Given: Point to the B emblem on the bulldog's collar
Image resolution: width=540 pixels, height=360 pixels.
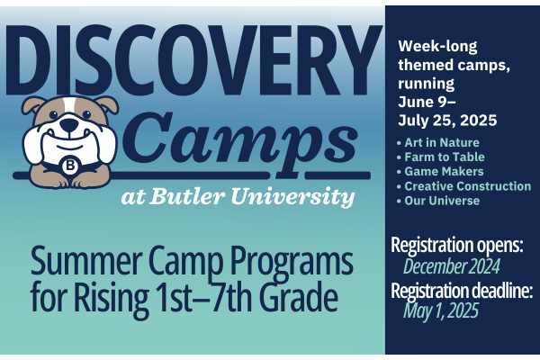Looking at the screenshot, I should pos(70,166).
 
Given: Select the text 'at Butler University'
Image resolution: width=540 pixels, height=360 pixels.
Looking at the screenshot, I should pos(238,196).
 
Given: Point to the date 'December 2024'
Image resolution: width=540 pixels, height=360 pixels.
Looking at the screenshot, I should pos(451,266).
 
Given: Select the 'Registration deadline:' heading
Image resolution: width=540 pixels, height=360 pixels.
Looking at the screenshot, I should pos(462,290).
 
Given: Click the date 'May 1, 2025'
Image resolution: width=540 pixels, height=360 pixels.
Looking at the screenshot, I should pos(441,311).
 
